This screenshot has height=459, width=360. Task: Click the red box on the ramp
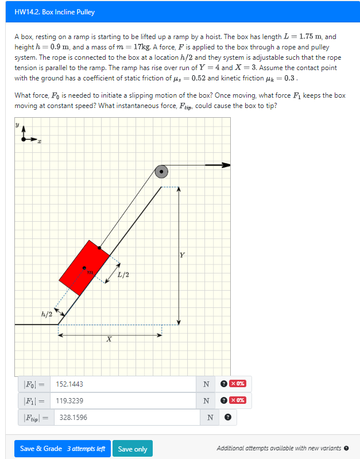(x=84, y=268)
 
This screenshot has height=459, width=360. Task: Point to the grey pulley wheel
(x=162, y=171)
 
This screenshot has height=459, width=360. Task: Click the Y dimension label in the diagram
(x=182, y=254)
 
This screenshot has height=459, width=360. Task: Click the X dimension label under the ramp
(x=109, y=340)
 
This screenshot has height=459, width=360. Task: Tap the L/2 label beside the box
(x=123, y=275)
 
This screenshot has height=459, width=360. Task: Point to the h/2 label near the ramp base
(x=47, y=314)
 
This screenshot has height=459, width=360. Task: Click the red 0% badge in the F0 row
(x=237, y=384)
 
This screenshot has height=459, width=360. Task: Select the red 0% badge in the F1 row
(x=237, y=400)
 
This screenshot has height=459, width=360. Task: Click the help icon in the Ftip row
(x=228, y=418)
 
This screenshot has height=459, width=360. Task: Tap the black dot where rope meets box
(x=100, y=248)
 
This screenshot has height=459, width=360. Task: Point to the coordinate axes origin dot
(x=24, y=139)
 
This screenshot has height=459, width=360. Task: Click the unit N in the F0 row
(x=206, y=384)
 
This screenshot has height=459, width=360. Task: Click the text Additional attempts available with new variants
(x=279, y=449)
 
